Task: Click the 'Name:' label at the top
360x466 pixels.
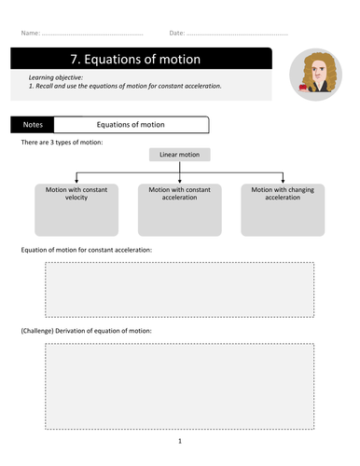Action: [31, 33]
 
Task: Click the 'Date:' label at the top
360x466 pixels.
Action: [177, 33]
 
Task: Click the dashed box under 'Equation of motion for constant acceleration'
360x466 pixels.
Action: [179, 290]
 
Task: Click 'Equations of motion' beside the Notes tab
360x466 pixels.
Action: [131, 123]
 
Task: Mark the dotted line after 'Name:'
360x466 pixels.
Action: [93, 34]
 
